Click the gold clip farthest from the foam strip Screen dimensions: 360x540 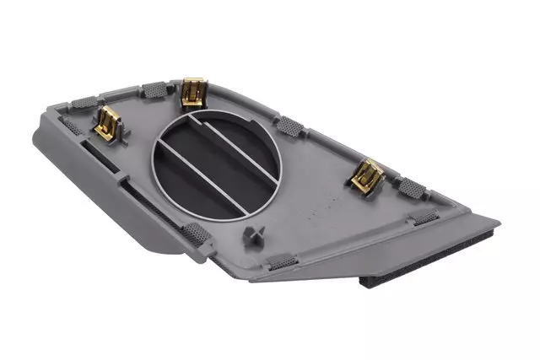109,124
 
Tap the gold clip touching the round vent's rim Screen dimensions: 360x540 194,91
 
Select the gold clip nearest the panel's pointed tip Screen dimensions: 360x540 368,175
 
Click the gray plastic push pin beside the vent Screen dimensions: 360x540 252,234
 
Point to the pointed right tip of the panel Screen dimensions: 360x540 498,225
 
